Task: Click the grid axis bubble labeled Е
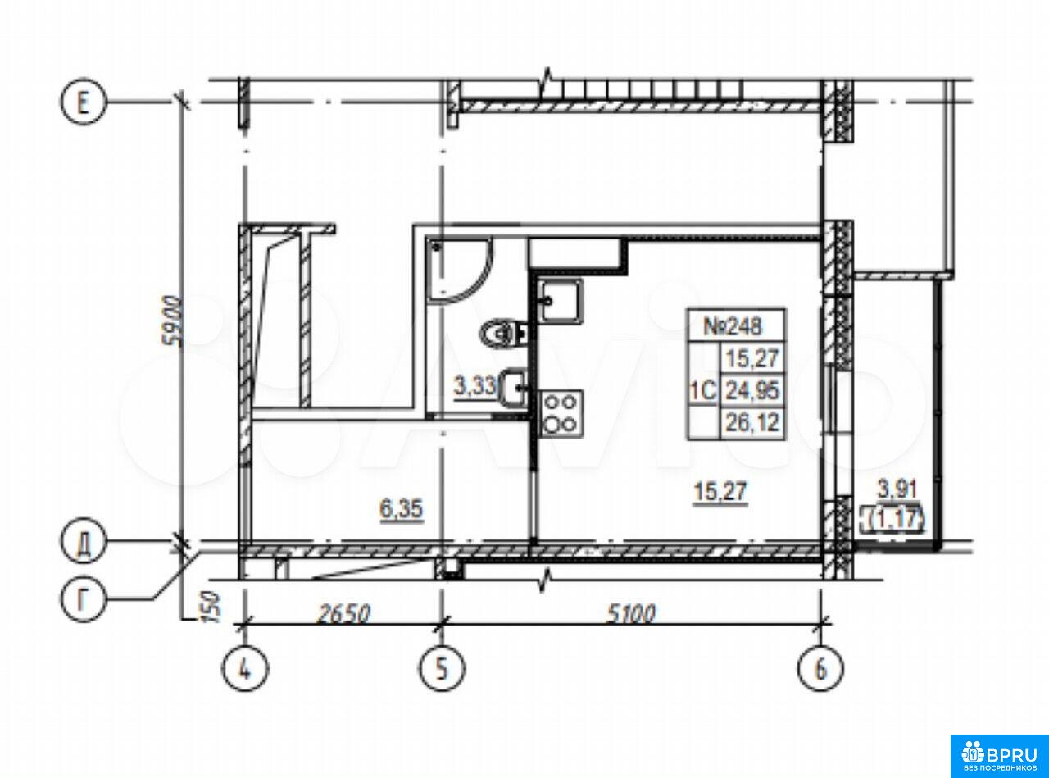tap(83, 102)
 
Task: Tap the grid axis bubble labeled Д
tap(83, 540)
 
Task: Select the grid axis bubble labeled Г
tap(83, 599)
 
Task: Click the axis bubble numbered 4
tap(245, 669)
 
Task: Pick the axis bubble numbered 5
tap(442, 669)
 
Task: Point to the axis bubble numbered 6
tap(820, 669)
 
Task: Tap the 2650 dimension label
tap(343, 614)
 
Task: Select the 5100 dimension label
tap(631, 614)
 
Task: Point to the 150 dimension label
tap(213, 607)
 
